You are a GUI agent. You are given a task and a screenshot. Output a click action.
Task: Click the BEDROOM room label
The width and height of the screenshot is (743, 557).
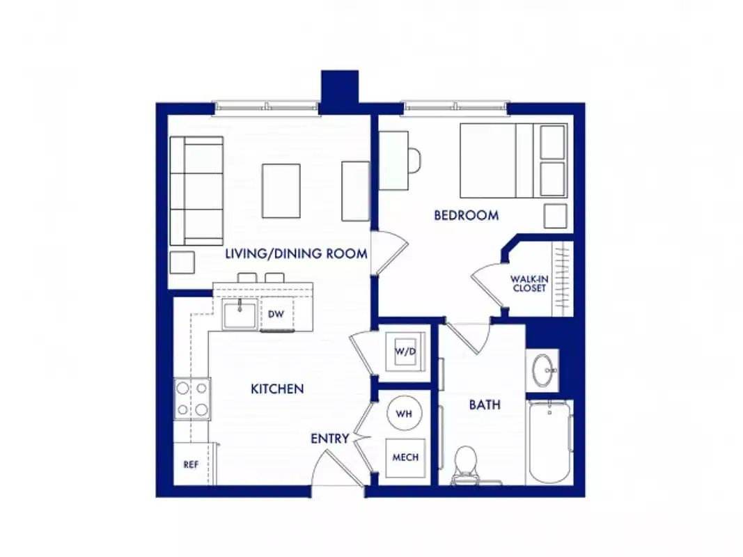click(466, 215)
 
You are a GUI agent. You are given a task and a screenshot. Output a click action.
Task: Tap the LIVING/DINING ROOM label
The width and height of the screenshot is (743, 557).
click(296, 254)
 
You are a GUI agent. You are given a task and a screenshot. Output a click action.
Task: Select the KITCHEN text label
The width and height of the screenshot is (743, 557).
click(277, 389)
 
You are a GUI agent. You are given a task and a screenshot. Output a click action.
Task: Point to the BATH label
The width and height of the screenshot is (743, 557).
click(484, 405)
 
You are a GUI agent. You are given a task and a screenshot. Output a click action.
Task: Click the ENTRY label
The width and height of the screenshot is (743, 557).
click(329, 439)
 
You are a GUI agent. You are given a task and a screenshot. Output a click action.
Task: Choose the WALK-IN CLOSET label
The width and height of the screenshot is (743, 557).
click(529, 283)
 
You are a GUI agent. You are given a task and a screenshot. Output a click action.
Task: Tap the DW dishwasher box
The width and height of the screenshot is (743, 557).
click(276, 314)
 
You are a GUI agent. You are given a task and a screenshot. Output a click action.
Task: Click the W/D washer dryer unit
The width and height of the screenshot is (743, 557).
click(405, 352)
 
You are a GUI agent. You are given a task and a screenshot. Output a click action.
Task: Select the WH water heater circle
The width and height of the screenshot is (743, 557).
click(405, 414)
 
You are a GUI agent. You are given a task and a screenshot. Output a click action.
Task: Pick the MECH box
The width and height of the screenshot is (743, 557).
click(405, 457)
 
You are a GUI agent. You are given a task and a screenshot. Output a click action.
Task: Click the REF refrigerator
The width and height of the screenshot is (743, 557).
click(190, 464)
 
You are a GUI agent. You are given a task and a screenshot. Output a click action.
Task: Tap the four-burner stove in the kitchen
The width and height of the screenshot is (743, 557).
click(192, 399)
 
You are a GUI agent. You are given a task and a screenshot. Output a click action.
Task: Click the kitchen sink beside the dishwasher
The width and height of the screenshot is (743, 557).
click(239, 315)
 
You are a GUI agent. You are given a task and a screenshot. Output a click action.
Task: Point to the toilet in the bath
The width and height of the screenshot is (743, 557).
click(464, 464)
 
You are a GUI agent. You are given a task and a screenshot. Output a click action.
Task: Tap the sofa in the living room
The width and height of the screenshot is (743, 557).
click(196, 190)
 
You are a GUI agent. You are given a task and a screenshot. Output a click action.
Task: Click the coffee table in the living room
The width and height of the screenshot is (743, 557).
click(281, 191)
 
